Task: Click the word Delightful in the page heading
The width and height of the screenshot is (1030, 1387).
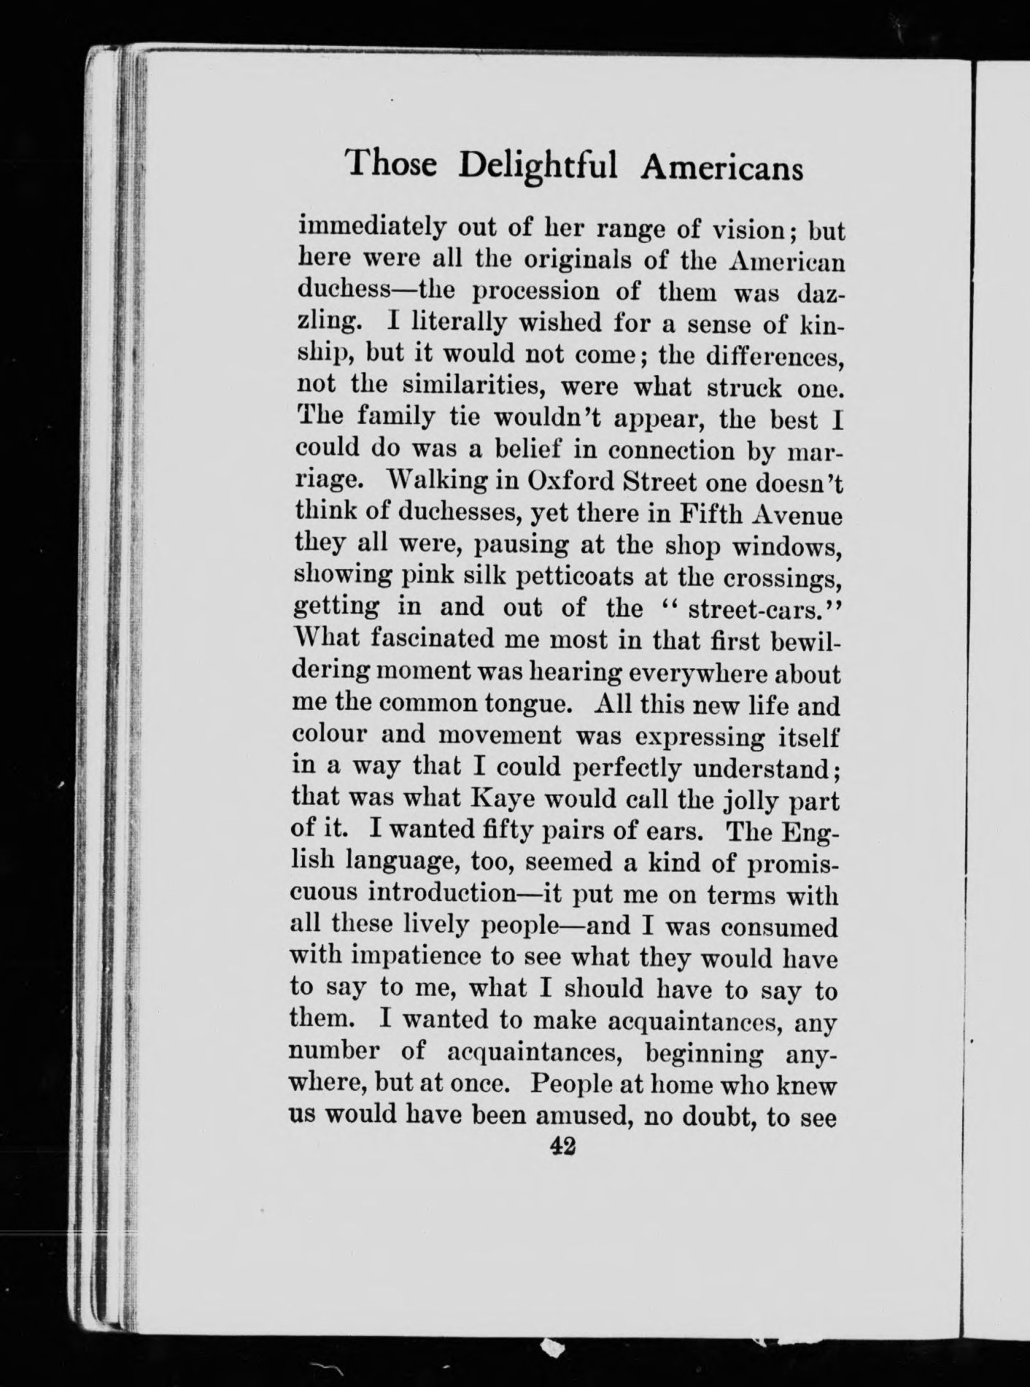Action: [538, 165]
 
